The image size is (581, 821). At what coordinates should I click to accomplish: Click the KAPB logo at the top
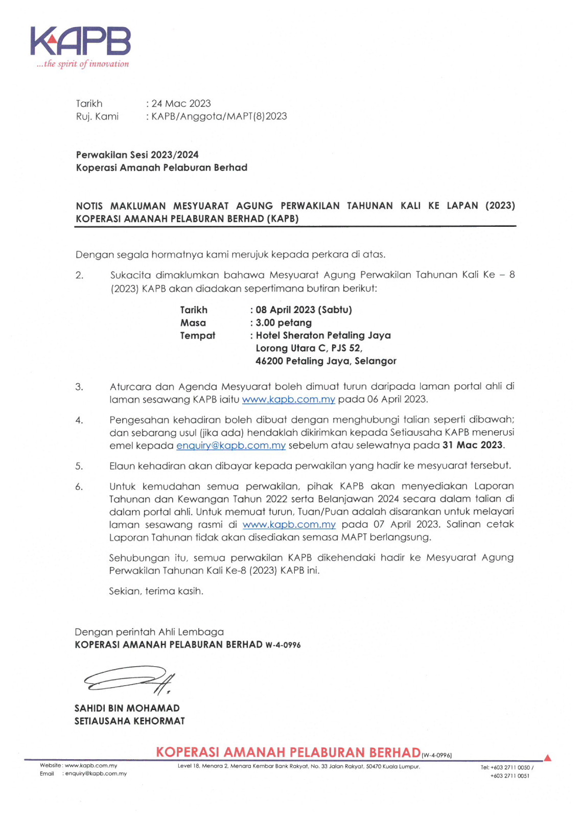coord(80,41)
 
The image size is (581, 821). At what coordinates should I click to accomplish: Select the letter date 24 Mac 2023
coord(181,104)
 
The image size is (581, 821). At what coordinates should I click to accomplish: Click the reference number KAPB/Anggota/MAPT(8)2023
coord(219,116)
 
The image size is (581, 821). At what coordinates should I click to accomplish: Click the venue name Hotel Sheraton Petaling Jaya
coord(323,336)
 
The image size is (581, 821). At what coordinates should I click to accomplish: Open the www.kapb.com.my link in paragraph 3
coord(288,400)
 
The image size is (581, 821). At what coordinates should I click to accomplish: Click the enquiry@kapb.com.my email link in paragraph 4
coord(230,445)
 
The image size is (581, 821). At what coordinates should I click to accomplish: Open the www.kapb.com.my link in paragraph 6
coord(289,525)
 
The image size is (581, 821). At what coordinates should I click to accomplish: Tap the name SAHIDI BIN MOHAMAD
coord(127,708)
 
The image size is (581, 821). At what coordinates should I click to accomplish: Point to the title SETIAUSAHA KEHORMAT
coord(129,721)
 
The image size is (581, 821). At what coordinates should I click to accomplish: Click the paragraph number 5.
coord(79,466)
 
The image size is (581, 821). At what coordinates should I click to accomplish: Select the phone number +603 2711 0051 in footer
coord(509,776)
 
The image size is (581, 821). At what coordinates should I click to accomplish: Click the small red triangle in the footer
coord(547,758)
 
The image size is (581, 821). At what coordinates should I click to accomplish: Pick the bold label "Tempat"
coord(197,336)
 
